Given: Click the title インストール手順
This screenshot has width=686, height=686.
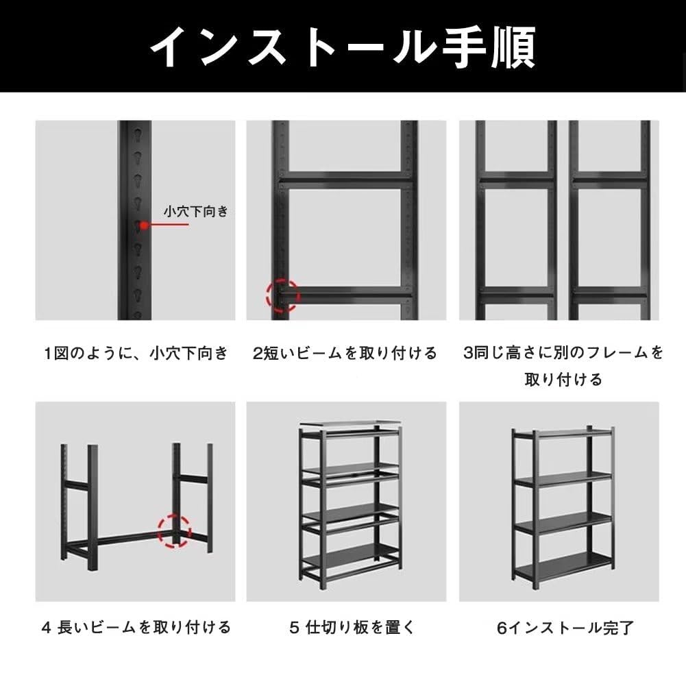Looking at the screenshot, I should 343,46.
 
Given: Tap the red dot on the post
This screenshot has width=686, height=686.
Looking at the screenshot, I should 145,225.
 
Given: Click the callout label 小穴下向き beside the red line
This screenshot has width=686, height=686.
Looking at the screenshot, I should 195,212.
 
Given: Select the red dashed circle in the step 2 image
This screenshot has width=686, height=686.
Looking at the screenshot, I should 283,295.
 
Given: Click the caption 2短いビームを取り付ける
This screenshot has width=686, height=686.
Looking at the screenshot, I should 345,354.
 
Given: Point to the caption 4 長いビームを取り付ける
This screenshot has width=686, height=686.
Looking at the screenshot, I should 136,626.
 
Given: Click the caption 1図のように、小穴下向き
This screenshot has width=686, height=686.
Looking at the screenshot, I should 136,354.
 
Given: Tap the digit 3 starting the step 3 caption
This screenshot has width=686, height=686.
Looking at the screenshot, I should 468,354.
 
